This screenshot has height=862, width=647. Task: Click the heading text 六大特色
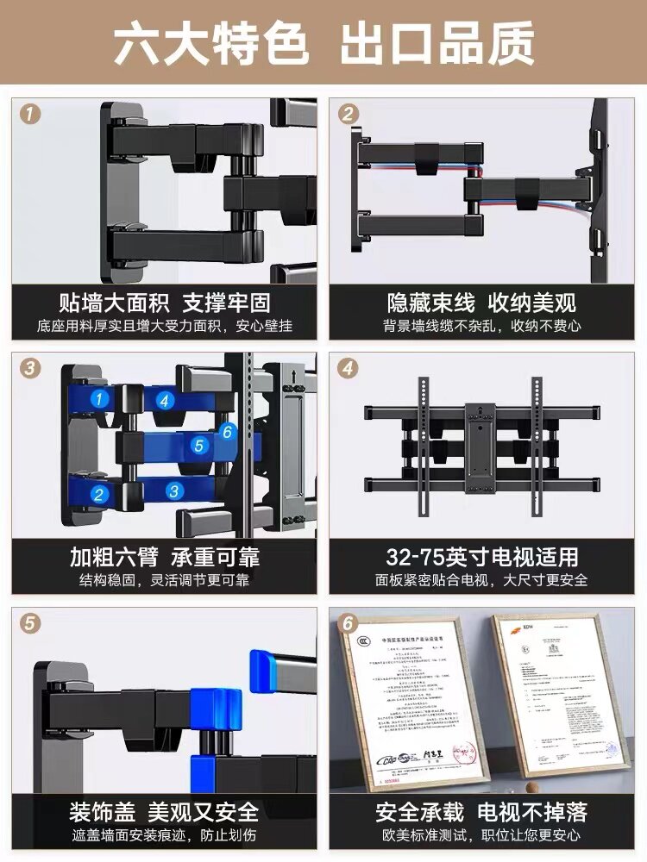[212, 44]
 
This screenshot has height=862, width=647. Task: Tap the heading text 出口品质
[437, 44]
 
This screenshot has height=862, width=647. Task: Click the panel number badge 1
[30, 114]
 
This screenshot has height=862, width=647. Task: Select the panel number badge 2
[348, 114]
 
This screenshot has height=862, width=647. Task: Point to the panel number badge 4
[348, 368]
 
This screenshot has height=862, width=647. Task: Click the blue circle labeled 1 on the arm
[101, 398]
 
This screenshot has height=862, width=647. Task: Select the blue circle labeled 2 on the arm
[100, 494]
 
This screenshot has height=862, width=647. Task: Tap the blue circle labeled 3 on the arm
[174, 491]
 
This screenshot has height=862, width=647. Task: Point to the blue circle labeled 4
[166, 400]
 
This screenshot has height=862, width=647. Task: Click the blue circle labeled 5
[199, 446]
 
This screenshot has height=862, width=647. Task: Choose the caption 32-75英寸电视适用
[482, 556]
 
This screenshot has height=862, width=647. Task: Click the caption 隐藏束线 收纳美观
[482, 303]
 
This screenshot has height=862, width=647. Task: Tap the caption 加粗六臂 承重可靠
[165, 556]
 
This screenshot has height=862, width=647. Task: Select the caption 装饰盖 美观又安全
[165, 811]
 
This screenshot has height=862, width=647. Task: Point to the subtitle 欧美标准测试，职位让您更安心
[482, 834]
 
